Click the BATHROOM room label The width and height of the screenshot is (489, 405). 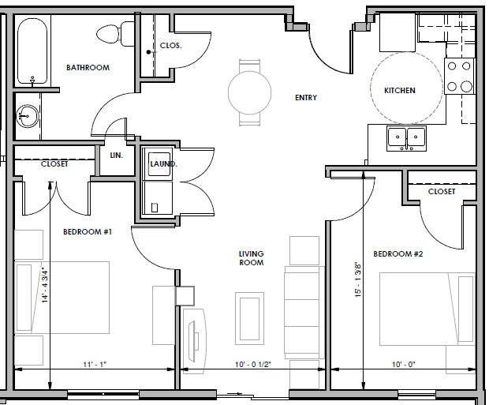point(88,68)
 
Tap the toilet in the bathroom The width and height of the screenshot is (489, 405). point(108,34)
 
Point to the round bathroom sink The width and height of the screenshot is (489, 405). point(28,117)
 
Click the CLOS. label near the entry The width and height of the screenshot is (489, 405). point(170,46)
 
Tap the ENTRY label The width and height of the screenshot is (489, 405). point(306,98)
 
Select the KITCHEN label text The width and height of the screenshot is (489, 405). point(399,91)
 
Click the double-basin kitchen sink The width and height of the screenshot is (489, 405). point(405,138)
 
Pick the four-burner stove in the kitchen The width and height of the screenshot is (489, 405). point(459,77)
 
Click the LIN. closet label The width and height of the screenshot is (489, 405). point(117,156)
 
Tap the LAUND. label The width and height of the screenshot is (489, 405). point(163,164)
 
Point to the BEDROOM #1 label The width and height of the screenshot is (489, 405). point(88,232)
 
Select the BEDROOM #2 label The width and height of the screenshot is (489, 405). point(398,254)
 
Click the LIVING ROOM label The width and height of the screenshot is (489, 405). point(251,258)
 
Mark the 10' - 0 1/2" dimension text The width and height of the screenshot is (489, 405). point(254,364)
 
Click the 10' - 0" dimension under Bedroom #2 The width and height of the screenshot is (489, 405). point(403,364)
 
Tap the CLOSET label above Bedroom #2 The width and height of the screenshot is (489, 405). point(442,192)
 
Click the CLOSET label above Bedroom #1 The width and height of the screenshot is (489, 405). point(54,164)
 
